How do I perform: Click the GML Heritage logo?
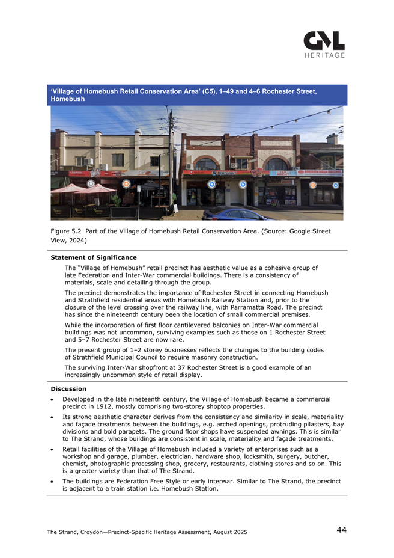click(324, 44)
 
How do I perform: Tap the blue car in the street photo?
click(231, 213)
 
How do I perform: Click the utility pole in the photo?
click(171, 162)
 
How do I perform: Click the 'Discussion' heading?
click(68, 389)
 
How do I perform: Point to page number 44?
click(341, 530)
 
